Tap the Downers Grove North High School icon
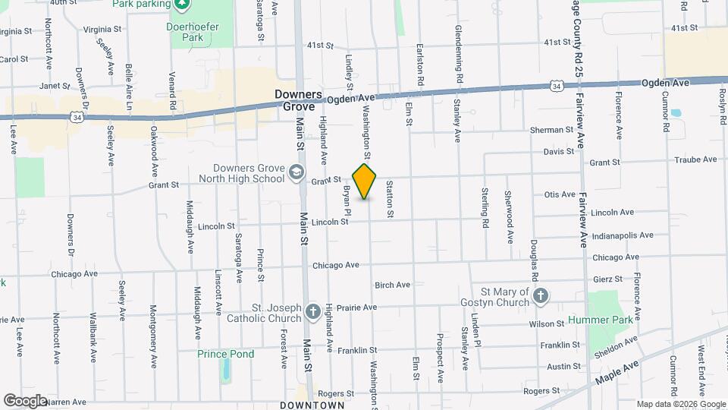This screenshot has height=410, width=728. coord(296,174)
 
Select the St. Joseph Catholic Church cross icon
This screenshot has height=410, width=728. coord(312,312)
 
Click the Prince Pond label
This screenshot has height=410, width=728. coord(225,354)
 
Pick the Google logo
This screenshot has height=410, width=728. coord(25,400)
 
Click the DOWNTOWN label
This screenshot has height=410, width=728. coord(312,405)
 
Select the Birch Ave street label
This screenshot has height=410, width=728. coord(392,285)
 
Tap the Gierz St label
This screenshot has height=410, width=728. coord(607,279)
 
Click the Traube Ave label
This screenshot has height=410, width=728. coord(698,159)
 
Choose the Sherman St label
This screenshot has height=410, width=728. coord(551,130)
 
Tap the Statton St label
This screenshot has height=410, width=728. coord(390,199)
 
